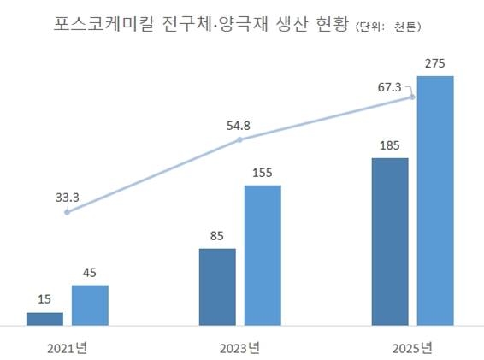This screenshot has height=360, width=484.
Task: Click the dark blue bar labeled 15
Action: [44, 319]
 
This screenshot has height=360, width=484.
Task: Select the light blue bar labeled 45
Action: [90, 305]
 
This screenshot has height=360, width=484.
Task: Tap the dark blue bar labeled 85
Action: [217, 287]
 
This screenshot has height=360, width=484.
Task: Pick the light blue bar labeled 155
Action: [263, 256]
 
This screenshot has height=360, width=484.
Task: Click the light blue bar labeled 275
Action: [435, 201]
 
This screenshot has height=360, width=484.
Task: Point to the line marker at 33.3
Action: [67, 211]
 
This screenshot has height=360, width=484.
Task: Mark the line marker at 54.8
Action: [239, 139]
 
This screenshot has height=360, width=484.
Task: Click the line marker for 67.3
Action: [413, 97]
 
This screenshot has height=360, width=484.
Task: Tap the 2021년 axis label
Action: [67, 347]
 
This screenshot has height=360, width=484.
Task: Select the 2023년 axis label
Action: [239, 347]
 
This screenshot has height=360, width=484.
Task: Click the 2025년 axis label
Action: [412, 347]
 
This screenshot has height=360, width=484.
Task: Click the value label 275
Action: [435, 63]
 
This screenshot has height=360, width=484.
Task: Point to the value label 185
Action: [390, 145]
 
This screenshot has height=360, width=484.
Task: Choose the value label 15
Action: [44, 299]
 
